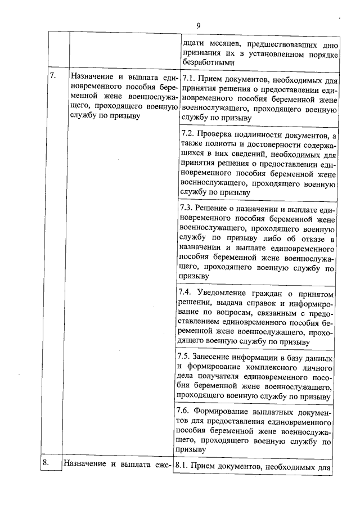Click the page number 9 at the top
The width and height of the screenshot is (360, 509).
tap(199, 24)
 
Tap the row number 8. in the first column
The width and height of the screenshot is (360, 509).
tap(47, 463)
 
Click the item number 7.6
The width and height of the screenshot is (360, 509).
tap(186, 410)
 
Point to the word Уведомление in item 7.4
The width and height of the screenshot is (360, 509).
tap(226, 294)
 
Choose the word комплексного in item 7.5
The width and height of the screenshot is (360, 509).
tap(256, 367)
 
